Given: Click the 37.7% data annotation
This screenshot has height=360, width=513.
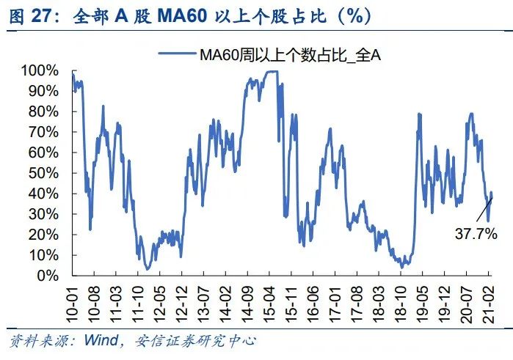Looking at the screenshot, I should coord(476,235).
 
